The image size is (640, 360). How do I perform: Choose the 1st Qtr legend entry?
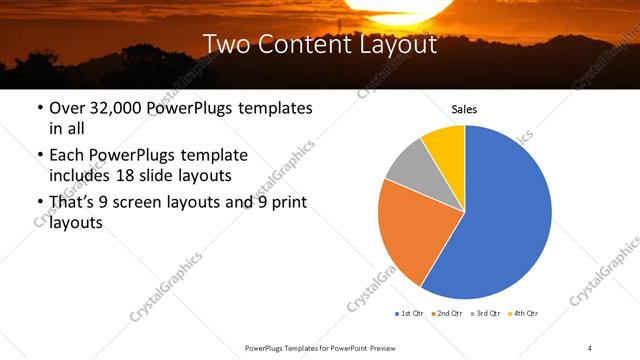tap(411, 313)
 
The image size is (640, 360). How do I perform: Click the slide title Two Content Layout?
tap(319, 44)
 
